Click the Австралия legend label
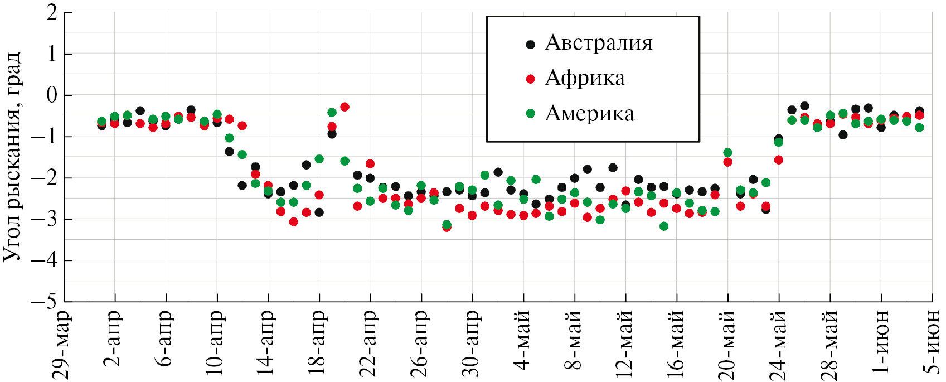(x=598, y=43)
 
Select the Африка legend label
(x=585, y=78)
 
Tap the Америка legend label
(x=589, y=114)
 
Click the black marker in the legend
(x=530, y=44)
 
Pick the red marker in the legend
(x=530, y=79)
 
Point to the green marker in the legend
(x=530, y=114)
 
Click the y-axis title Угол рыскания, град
(x=12, y=157)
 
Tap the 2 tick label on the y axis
(x=52, y=12)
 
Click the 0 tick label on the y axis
(x=52, y=95)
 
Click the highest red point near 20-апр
(x=345, y=107)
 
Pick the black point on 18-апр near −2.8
(x=319, y=212)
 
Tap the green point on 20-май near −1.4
(x=727, y=153)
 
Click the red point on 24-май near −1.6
(x=779, y=160)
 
